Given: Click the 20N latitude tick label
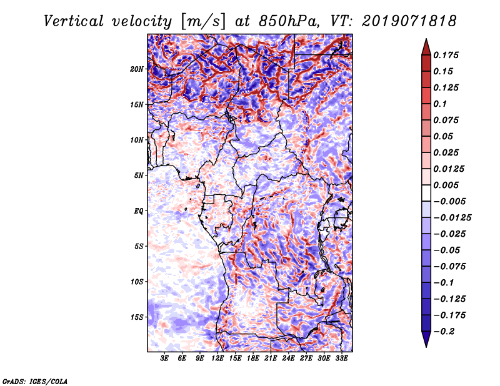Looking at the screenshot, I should pos(137,69).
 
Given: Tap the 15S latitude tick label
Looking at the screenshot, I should pos(137,317).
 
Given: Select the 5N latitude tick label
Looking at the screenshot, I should pos(139,176).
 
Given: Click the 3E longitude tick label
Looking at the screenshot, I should pos(165,359).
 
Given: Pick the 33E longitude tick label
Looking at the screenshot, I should pos(342,359).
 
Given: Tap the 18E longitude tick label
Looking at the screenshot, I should pos(253,359).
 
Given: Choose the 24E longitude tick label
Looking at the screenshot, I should pos(289,359).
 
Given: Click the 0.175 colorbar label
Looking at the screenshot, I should pos(447,55).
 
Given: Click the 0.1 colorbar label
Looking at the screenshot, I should pos(441,104).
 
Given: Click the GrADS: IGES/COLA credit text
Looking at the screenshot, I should pos(35,380).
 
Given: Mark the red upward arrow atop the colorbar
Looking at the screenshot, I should pos(426,45).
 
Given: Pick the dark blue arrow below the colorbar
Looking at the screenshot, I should pos(426,339).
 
